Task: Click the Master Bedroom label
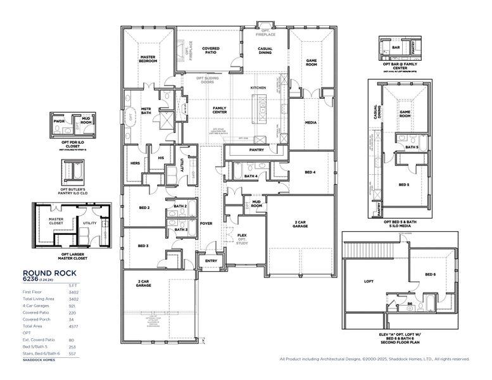pyautogui.click(x=148, y=60)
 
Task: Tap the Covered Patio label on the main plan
pyautogui.click(x=211, y=51)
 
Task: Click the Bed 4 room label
pyautogui.click(x=310, y=172)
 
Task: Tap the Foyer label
pyautogui.click(x=206, y=223)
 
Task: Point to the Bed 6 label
pyautogui.click(x=430, y=274)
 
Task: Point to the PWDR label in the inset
pyautogui.click(x=60, y=120)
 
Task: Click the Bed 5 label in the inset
pyautogui.click(x=403, y=185)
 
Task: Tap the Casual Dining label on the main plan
pyautogui.click(x=265, y=51)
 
